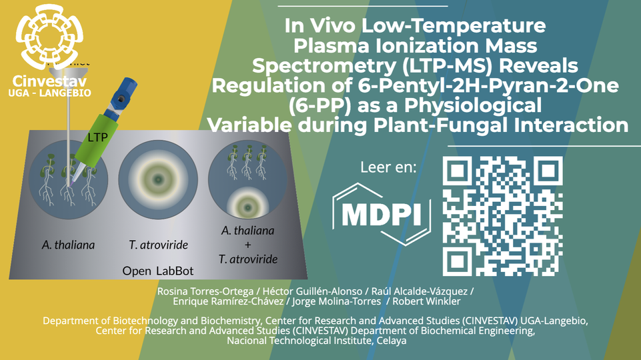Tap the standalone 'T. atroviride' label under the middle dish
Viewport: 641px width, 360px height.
[157, 245]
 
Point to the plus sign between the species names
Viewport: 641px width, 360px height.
[248, 245]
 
